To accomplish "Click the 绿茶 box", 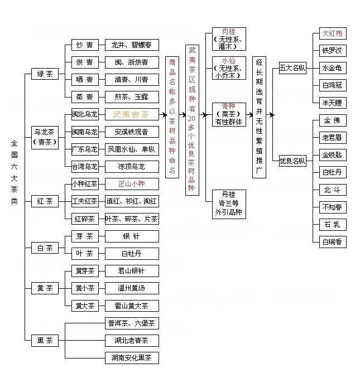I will [45, 74].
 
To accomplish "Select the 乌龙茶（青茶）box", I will [45, 136].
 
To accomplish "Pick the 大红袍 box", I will [333, 33].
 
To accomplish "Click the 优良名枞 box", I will [292, 161].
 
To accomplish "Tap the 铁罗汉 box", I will [333, 51].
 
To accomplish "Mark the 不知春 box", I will [333, 207].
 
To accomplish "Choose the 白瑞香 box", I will [333, 242].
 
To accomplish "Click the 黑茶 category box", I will [45, 340].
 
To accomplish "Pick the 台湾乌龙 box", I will [85, 166].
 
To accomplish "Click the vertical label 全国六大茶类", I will [15, 172].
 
